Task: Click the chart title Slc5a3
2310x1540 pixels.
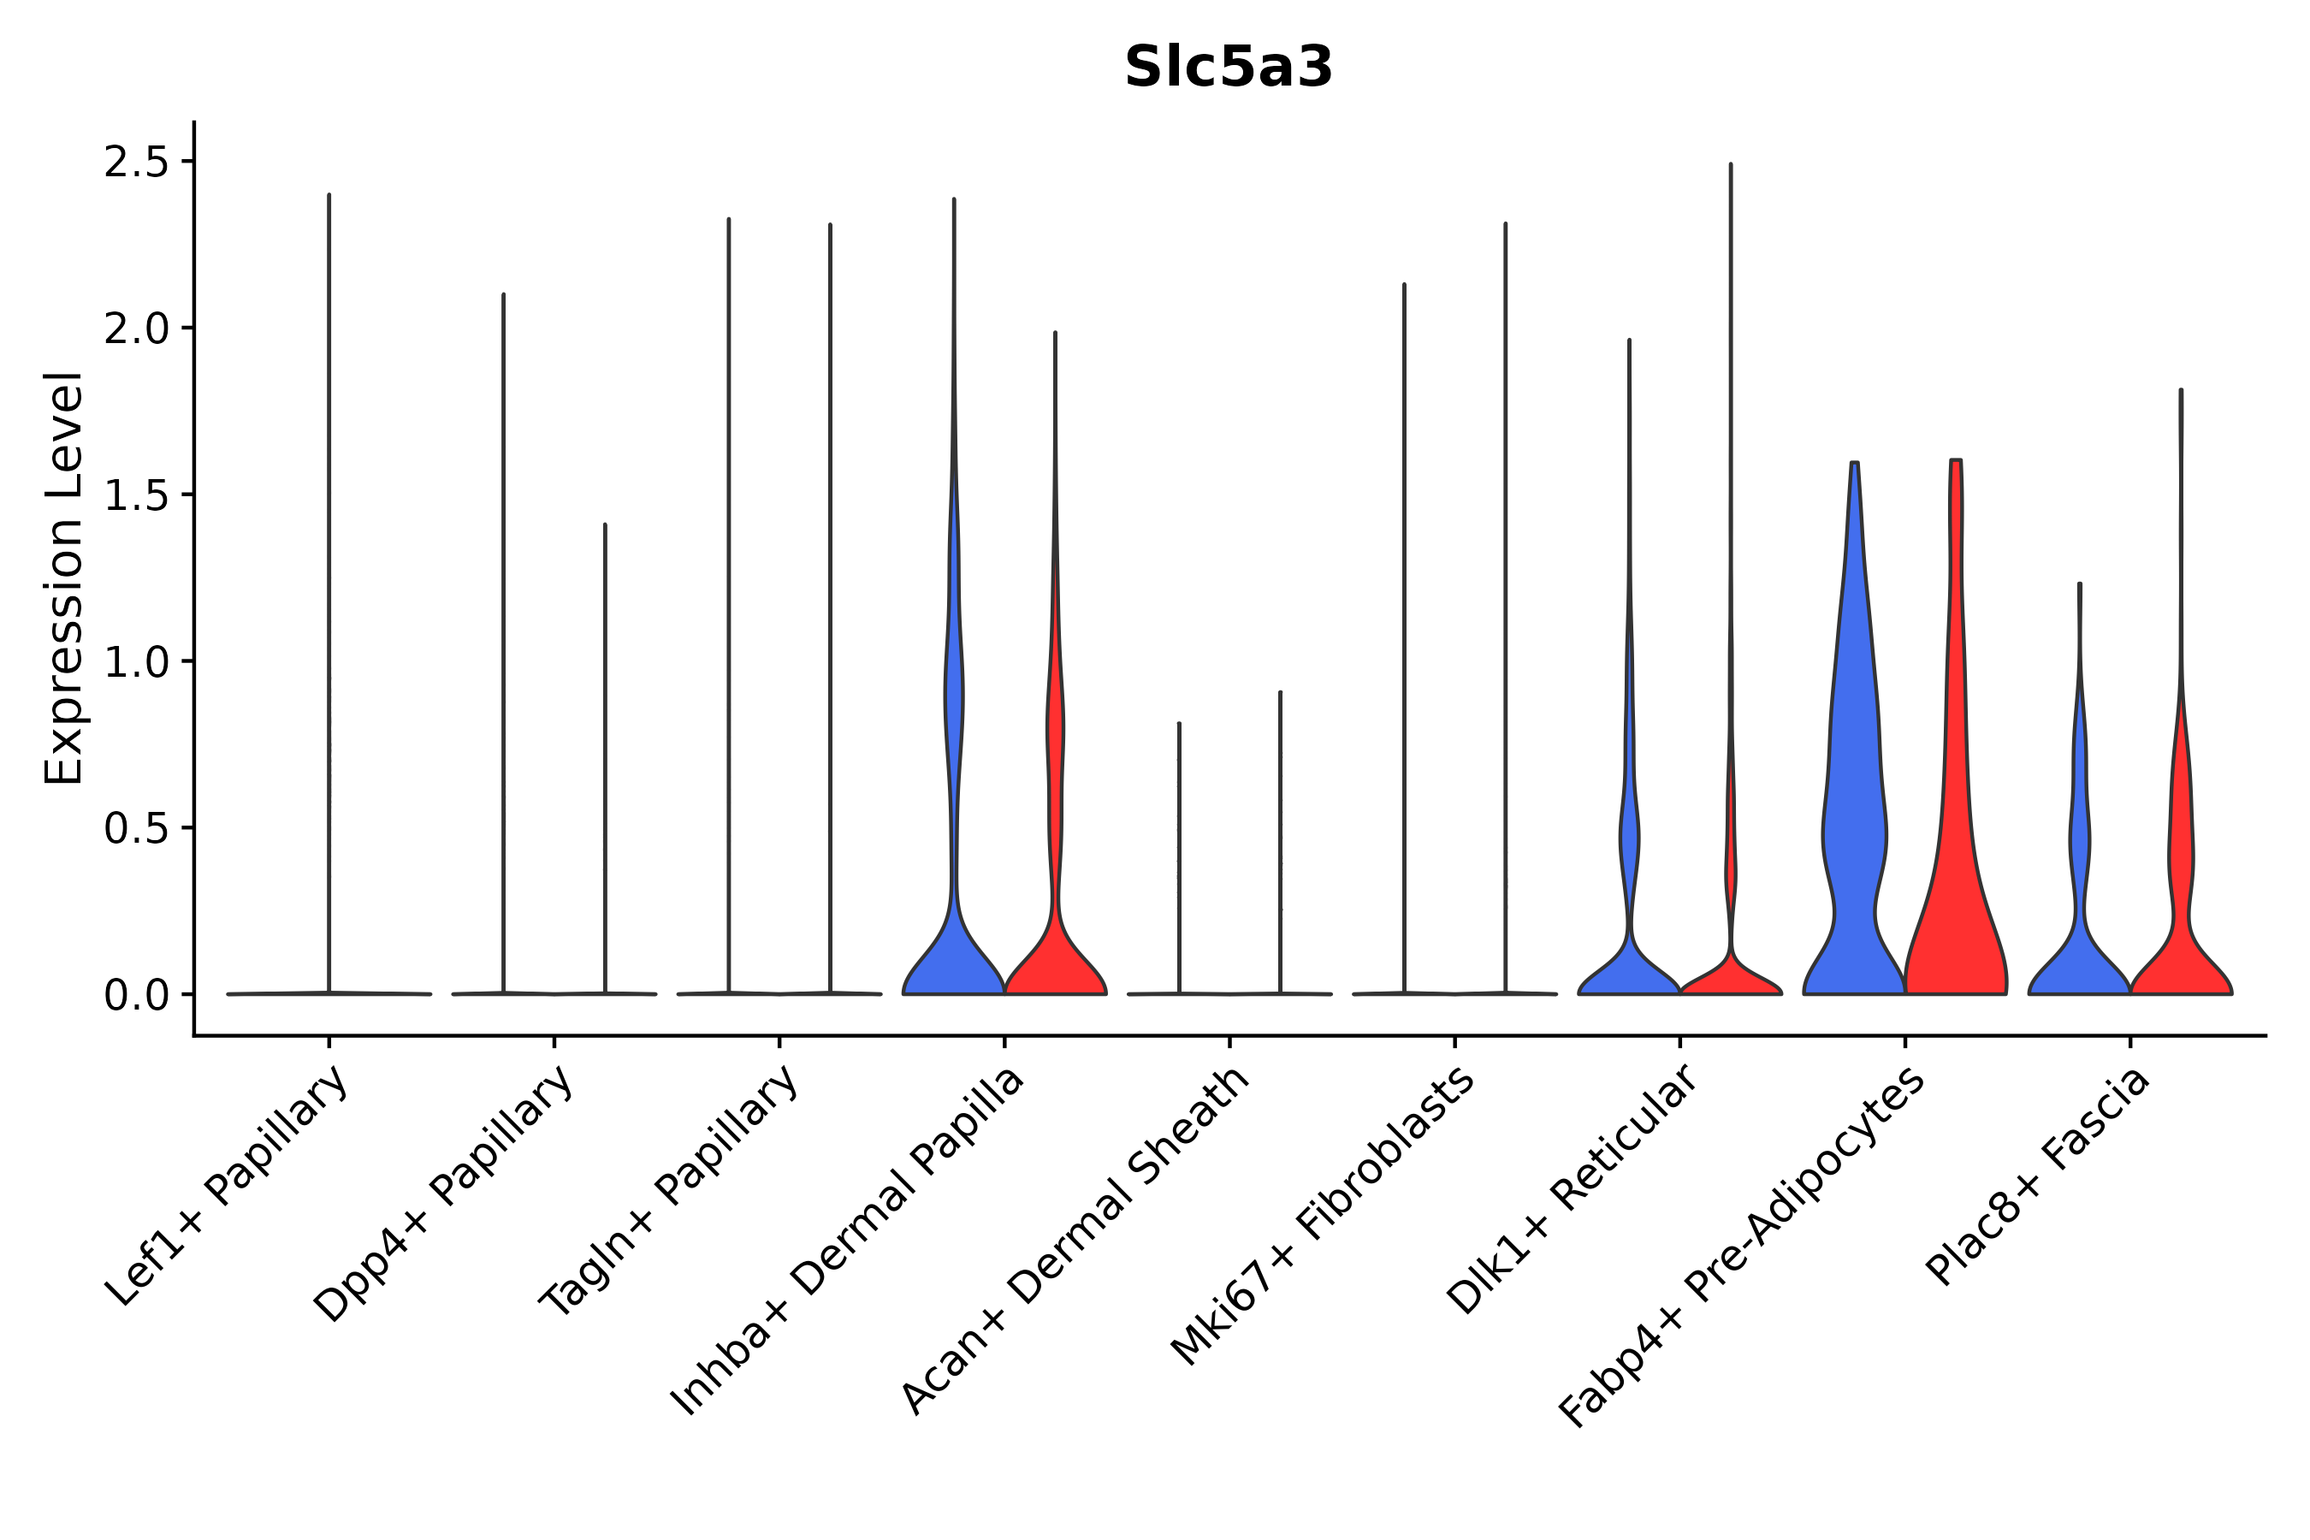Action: point(1228,68)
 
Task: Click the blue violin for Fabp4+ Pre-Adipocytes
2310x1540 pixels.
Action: point(1853,785)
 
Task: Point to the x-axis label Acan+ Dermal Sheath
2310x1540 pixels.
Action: point(1076,1241)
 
